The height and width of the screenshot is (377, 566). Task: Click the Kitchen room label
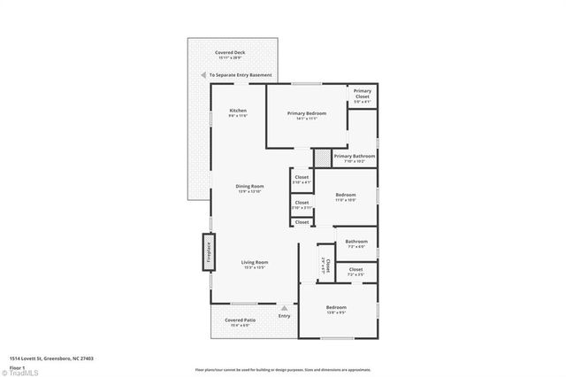(x=226, y=111)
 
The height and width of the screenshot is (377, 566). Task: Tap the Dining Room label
(x=250, y=186)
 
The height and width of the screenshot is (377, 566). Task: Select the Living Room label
(x=255, y=262)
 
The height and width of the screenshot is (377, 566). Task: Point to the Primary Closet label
(x=362, y=93)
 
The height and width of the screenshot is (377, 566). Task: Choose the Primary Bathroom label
(x=355, y=157)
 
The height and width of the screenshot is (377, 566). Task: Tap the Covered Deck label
(x=230, y=53)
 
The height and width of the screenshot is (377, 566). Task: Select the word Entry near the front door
(x=284, y=316)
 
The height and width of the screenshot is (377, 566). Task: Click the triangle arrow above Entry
(x=284, y=308)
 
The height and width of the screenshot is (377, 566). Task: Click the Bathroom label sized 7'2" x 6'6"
(x=356, y=242)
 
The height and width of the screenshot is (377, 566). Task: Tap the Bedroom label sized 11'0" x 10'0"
(x=345, y=195)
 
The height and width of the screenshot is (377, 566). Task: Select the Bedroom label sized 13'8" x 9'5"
(x=336, y=308)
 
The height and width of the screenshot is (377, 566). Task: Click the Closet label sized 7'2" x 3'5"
(x=356, y=269)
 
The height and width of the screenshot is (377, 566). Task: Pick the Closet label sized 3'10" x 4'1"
(x=302, y=178)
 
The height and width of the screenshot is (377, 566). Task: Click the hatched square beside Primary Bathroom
(x=322, y=157)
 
